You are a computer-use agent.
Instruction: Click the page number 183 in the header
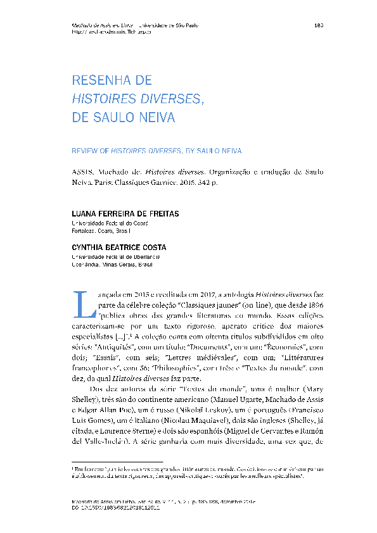319,25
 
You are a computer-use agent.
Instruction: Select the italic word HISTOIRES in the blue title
102,99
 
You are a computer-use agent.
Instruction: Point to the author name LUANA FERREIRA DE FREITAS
125,214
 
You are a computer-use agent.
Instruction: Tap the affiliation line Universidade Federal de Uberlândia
115,258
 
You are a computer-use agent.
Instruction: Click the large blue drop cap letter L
82,303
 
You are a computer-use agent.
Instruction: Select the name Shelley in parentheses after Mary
86,398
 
